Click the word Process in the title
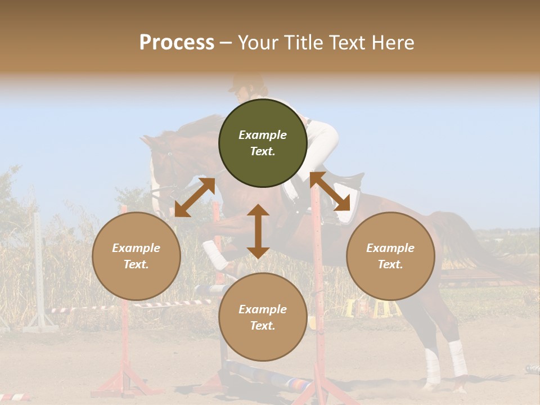(x=177, y=43)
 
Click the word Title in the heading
(x=303, y=43)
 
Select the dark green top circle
(x=263, y=143)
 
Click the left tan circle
(x=136, y=256)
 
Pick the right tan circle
(x=390, y=256)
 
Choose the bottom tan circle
(x=263, y=317)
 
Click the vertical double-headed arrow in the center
(x=258, y=231)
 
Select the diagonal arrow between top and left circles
(x=195, y=197)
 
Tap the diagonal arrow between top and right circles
(x=334, y=191)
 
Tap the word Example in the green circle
(x=263, y=135)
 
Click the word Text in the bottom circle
(x=263, y=326)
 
